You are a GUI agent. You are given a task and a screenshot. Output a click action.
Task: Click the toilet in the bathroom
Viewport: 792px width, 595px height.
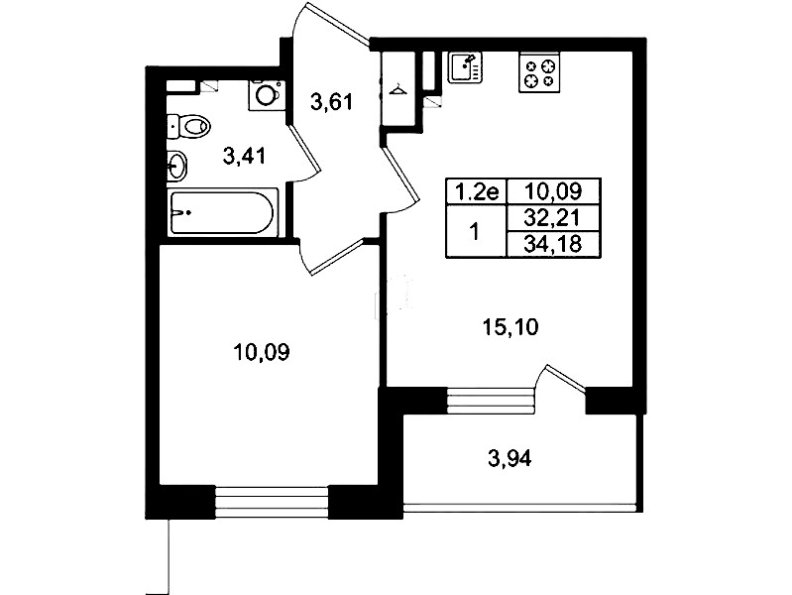188,125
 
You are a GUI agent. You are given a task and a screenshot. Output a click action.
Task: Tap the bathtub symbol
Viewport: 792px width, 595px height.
223,212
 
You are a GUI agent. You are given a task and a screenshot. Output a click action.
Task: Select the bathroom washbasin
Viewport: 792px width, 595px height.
176,166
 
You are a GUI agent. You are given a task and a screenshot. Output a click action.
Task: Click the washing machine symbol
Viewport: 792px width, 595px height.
267,95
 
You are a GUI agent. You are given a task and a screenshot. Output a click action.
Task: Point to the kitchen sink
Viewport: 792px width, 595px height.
465,67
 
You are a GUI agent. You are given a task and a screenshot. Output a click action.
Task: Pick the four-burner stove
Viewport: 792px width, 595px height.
539,72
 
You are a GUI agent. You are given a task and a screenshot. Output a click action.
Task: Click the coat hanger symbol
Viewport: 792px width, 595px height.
398,89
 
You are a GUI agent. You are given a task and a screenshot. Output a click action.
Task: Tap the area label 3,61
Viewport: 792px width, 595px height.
331,102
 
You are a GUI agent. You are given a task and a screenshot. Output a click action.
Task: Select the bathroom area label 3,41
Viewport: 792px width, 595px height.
245,157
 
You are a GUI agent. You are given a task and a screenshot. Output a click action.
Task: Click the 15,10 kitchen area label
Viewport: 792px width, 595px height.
510,327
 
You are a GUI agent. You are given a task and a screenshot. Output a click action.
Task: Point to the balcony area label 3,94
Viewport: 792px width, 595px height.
510,459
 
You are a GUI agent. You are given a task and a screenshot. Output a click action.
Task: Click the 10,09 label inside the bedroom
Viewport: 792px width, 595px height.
262,352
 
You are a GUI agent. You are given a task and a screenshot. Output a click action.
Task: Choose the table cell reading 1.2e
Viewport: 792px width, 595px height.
476,191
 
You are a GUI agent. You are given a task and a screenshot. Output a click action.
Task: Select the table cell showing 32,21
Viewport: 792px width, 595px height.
553,218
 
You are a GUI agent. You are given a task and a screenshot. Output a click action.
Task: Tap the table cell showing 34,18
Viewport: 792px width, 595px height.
553,245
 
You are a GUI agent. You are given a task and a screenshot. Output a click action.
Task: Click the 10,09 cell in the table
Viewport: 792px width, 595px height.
553,191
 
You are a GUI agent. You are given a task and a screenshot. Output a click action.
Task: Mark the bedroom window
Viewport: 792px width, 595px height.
272,502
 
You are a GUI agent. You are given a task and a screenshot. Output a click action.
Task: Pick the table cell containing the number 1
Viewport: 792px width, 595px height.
476,231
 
